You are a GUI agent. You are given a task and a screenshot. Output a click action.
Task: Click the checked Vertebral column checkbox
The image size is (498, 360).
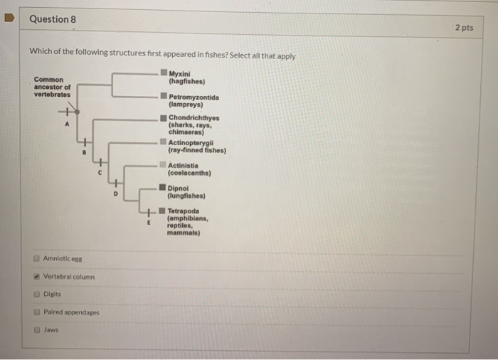36,276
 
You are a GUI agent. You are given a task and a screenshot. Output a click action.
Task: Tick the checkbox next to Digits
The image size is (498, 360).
36,294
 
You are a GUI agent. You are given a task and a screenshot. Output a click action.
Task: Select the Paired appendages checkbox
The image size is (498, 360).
36,312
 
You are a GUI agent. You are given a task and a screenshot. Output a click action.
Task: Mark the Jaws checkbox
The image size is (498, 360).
36,330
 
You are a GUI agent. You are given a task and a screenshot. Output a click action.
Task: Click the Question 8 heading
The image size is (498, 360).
53,19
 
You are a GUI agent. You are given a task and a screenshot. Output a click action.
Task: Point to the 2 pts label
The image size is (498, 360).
463,28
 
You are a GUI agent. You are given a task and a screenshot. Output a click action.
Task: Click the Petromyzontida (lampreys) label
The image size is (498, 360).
194,100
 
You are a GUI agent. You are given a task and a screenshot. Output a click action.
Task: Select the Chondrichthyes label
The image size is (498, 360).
194,118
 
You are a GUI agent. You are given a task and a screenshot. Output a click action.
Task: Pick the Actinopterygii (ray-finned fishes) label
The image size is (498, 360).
196,147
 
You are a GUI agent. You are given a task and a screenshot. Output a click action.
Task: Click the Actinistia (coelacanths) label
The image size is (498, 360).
189,169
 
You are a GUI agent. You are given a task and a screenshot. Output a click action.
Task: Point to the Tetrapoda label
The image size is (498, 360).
184,211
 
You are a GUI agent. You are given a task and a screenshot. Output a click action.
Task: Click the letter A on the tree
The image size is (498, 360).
67,123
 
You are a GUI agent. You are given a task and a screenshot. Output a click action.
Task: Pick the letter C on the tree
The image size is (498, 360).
100,174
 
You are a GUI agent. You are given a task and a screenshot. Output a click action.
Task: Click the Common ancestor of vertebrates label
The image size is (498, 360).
52,87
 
